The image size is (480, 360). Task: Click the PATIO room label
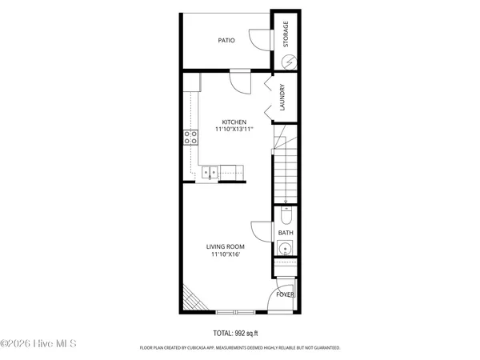[226, 40]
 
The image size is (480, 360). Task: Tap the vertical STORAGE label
[286, 34]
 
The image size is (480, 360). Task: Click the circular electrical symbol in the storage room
[290, 61]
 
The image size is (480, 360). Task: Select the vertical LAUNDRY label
[283, 98]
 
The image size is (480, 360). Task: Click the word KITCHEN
[234, 122]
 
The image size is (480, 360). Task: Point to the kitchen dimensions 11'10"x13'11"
[234, 129]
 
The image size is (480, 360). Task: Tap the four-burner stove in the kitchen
[192, 137]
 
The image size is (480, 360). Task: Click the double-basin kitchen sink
[210, 170]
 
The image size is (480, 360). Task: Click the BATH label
[286, 234]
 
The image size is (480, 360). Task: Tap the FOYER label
[286, 294]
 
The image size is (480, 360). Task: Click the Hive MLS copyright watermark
[38, 345]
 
